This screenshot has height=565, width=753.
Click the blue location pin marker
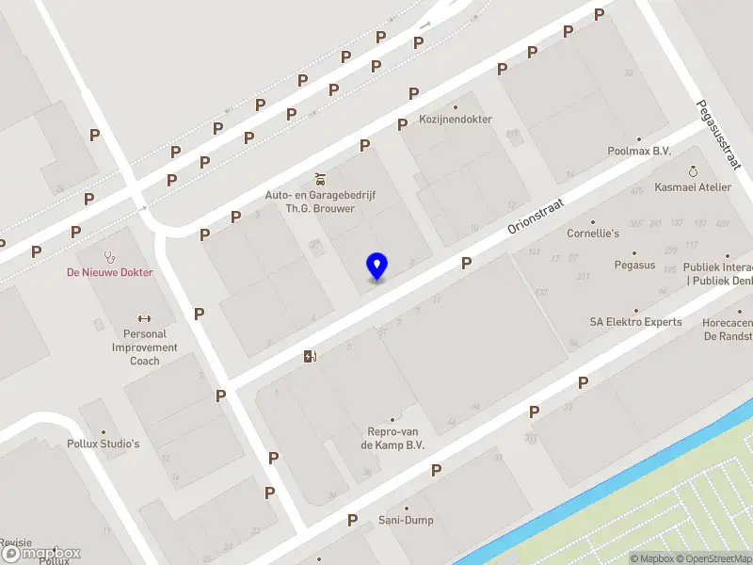pyautogui.click(x=376, y=266)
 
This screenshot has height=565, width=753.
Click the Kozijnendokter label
pyautogui.click(x=456, y=120)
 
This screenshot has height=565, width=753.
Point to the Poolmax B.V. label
pyautogui.click(x=639, y=151)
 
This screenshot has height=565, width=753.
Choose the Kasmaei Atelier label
pyautogui.click(x=693, y=186)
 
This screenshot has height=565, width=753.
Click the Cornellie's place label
pyautogui.click(x=593, y=233)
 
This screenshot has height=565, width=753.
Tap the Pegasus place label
pyautogui.click(x=634, y=266)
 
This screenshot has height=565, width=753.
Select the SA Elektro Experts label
pyautogui.click(x=635, y=322)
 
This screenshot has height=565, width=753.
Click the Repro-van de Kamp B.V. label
pyautogui.click(x=393, y=438)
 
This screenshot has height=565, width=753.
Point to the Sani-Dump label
pyautogui.click(x=407, y=520)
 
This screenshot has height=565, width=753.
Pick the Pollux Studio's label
pyautogui.click(x=104, y=444)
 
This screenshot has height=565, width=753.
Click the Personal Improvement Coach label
pyautogui.click(x=145, y=347)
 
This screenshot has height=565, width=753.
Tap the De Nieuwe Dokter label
pyautogui.click(x=109, y=273)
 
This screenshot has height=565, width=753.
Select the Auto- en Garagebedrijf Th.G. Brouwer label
pyautogui.click(x=320, y=201)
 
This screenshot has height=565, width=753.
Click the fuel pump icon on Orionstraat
pyautogui.click(x=310, y=356)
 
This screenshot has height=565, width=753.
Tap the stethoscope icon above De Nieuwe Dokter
pyautogui.click(x=110, y=255)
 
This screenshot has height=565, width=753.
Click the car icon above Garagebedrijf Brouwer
pyautogui.click(x=320, y=177)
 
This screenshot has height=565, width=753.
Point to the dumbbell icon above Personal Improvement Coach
pyautogui.click(x=145, y=318)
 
